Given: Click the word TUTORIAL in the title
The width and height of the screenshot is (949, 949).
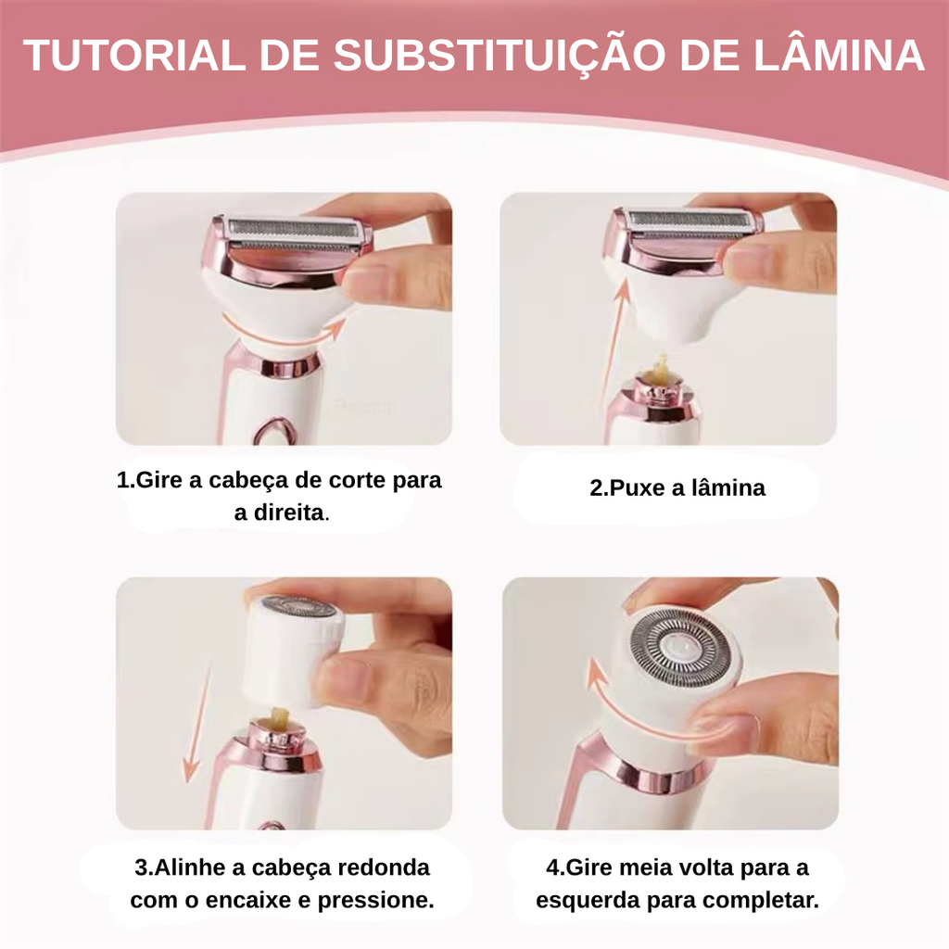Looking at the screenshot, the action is coord(134,55).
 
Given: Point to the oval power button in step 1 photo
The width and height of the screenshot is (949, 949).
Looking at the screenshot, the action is coord(275,432).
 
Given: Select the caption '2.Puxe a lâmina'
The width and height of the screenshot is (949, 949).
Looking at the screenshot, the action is coord(677,487).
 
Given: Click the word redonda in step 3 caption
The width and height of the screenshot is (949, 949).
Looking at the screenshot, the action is coord(383,867).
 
